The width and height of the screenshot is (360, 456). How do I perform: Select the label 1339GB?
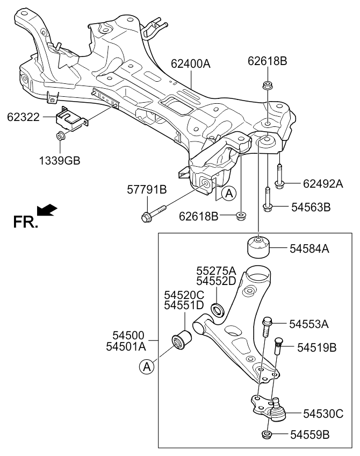point(59,160)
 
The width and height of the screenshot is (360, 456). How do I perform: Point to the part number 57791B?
point(147,190)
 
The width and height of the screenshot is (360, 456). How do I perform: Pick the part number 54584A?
point(310,248)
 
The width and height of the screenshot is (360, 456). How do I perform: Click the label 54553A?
point(308,324)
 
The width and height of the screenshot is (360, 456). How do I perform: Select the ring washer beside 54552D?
point(217,309)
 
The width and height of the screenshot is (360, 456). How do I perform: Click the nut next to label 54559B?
point(267,434)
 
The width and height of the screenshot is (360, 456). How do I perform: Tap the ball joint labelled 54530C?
point(274,409)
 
